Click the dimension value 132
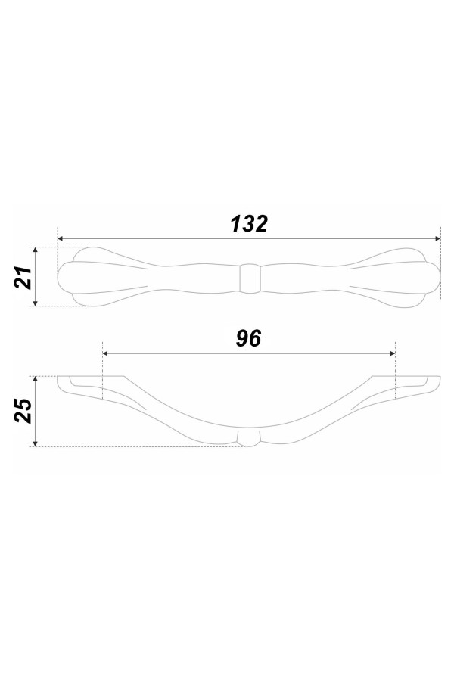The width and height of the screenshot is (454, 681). coord(249,224)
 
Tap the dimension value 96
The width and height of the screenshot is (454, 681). coord(248,339)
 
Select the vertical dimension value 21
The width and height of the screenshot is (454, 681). coord(23,277)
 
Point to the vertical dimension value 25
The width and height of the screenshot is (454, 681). coord(23,410)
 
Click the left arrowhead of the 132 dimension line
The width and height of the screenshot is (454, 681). coord(61,239)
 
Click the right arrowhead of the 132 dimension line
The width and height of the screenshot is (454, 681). coord(437,239)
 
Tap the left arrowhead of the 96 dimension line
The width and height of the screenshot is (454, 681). coord(106,353)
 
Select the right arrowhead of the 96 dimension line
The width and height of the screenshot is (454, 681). coord(392,353)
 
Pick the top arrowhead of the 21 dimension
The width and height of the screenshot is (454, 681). coord(36,250)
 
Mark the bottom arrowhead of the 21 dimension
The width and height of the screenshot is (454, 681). coord(36,302)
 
